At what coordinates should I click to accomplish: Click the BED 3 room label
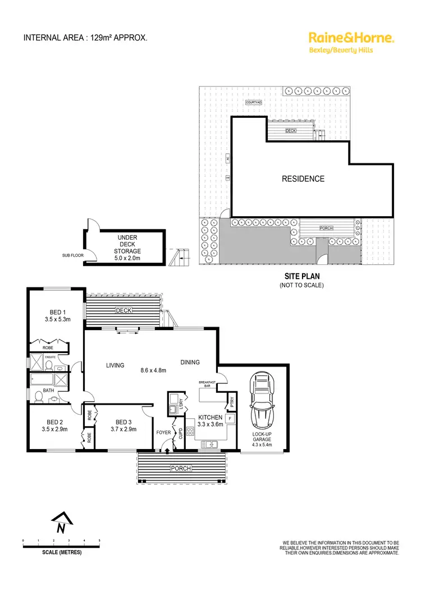click(124, 422)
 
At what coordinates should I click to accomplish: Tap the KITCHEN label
click(211, 418)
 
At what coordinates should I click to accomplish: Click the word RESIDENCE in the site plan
click(303, 179)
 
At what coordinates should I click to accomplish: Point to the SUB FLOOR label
click(72, 255)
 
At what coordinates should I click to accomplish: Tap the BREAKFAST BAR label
click(207, 385)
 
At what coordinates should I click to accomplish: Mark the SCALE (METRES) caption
click(62, 552)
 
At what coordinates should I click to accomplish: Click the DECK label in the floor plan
click(123, 310)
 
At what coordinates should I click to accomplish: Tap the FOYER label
click(163, 433)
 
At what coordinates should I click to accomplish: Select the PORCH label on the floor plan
click(182, 468)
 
